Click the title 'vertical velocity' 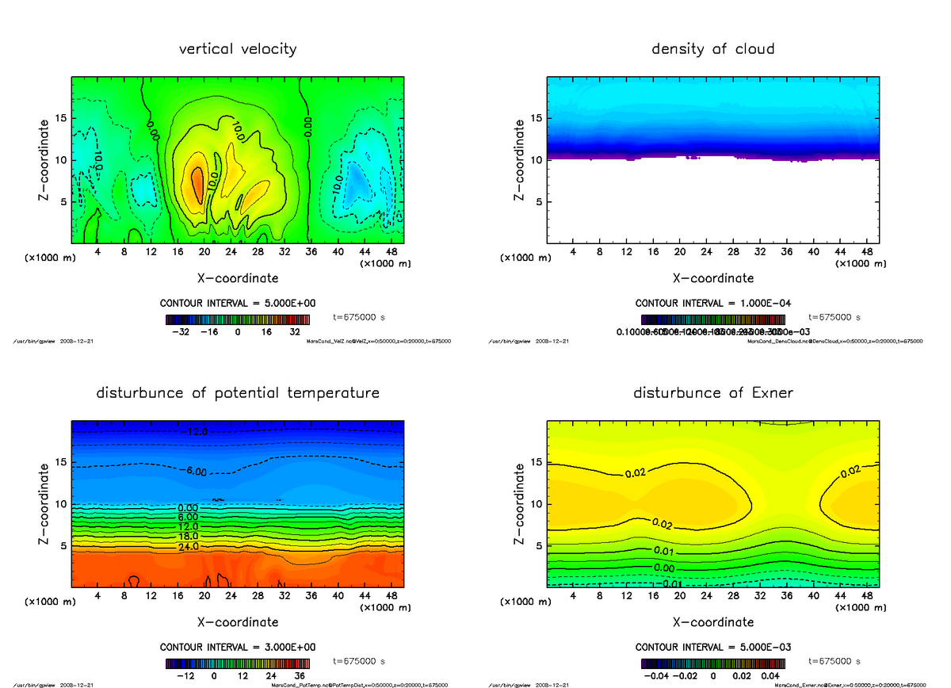click(x=238, y=49)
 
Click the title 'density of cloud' click(x=712, y=49)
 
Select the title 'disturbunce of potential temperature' click(x=238, y=393)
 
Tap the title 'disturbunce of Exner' click(x=712, y=393)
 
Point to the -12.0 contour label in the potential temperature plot click(x=197, y=432)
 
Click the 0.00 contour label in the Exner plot click(x=663, y=568)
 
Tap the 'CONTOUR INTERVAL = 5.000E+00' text click(x=238, y=304)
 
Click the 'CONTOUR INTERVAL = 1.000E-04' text click(x=712, y=304)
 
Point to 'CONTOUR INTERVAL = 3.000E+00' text click(x=238, y=648)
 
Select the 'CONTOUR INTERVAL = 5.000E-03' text click(x=712, y=648)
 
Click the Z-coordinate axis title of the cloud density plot click(x=520, y=159)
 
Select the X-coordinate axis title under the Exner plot click(x=712, y=622)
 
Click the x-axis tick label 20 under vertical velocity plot click(x=204, y=252)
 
